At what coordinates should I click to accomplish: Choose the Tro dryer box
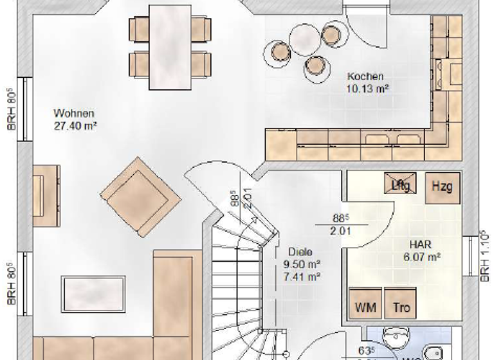401,307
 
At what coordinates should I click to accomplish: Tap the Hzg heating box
441,186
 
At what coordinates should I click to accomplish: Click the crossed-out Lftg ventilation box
402,183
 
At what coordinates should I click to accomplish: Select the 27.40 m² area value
75,126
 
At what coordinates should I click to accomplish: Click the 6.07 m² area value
423,256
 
